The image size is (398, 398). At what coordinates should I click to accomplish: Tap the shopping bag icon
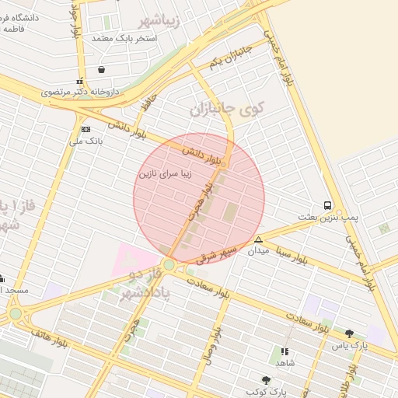102,70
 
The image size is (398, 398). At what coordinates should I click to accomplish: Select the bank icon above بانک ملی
86,129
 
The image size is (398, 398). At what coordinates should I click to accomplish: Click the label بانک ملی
86,141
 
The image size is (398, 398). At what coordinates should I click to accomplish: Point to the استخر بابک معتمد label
124,37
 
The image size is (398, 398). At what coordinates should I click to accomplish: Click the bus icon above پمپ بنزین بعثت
328,206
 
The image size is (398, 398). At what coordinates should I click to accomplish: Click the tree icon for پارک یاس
349,333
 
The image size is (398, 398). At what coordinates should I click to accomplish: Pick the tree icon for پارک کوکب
267,379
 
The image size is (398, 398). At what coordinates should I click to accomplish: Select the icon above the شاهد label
285,351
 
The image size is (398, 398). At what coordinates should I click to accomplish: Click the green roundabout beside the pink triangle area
169,265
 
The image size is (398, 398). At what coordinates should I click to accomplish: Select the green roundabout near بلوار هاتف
16,313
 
